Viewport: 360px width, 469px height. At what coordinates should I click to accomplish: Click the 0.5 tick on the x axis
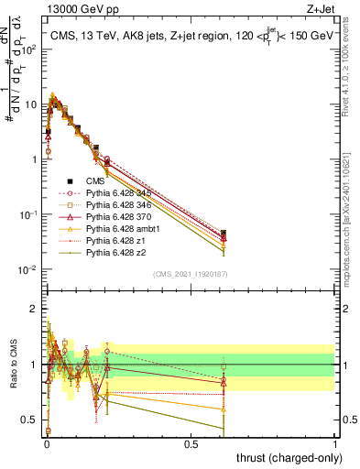pyautogui.click(x=191, y=444)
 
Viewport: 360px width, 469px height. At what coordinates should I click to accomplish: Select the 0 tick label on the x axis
pyautogui.click(x=46, y=444)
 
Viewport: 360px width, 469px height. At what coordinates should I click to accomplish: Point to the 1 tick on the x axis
pyautogui.click(x=335, y=444)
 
